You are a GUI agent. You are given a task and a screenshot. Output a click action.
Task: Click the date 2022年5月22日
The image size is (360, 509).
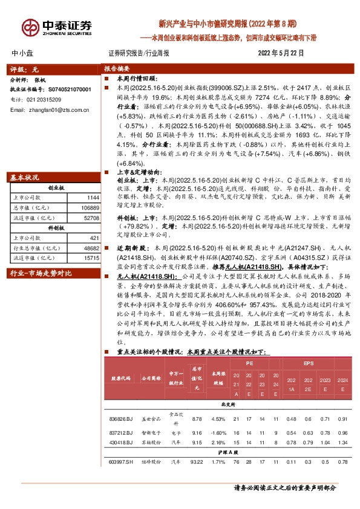(278, 53)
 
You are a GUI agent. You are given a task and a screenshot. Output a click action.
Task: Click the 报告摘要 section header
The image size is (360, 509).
(117, 69)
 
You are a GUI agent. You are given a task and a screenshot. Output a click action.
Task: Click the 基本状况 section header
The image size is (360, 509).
(25, 178)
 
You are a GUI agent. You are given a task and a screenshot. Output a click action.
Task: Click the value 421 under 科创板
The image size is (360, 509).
(93, 238)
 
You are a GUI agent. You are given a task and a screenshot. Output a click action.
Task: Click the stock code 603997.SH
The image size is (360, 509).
(121, 462)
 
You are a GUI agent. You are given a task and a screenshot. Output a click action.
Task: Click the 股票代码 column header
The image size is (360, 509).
(121, 378)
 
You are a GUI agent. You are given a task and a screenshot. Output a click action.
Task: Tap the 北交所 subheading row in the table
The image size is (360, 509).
(227, 404)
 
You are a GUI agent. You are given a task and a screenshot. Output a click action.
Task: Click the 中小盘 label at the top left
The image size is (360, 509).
(23, 53)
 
